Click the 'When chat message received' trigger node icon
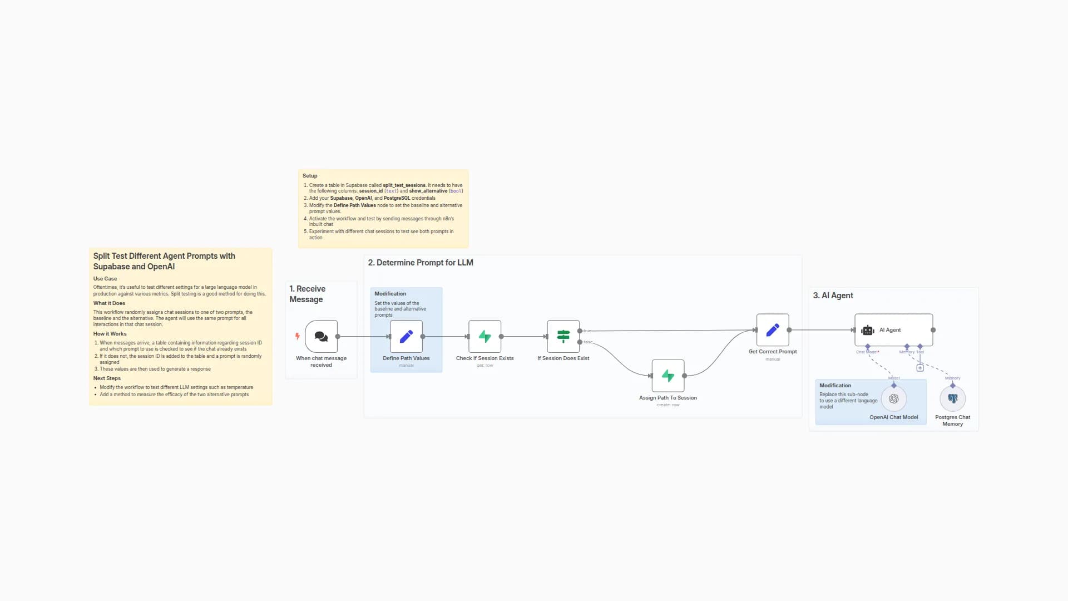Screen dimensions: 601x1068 tap(321, 336)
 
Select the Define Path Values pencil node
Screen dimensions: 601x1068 tap(406, 336)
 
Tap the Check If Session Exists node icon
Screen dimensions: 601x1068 tap(484, 336)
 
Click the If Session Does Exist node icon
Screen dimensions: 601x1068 tap(563, 336)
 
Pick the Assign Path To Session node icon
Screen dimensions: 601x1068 tap(667, 376)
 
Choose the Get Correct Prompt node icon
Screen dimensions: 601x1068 tap(772, 330)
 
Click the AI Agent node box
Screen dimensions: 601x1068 tap(893, 330)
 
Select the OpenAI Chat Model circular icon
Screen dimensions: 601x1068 tap(893, 398)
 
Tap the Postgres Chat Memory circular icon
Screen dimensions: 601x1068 tap(952, 398)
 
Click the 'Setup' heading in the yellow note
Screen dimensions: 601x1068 tap(310, 176)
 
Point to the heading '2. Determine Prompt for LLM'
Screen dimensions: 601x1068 tap(420, 263)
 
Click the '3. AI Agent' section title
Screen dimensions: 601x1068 tap(833, 295)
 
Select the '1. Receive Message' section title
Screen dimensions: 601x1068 tap(307, 294)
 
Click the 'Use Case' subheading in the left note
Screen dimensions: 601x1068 tap(105, 279)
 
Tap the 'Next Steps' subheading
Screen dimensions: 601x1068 tap(107, 378)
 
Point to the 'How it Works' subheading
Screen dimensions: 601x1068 tap(110, 334)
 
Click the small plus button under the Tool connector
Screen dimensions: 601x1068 tap(920, 368)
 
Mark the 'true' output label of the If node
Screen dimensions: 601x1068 tap(587, 331)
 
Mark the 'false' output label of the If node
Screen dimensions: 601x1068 tap(588, 342)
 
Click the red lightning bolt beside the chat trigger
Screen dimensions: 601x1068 tap(298, 336)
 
